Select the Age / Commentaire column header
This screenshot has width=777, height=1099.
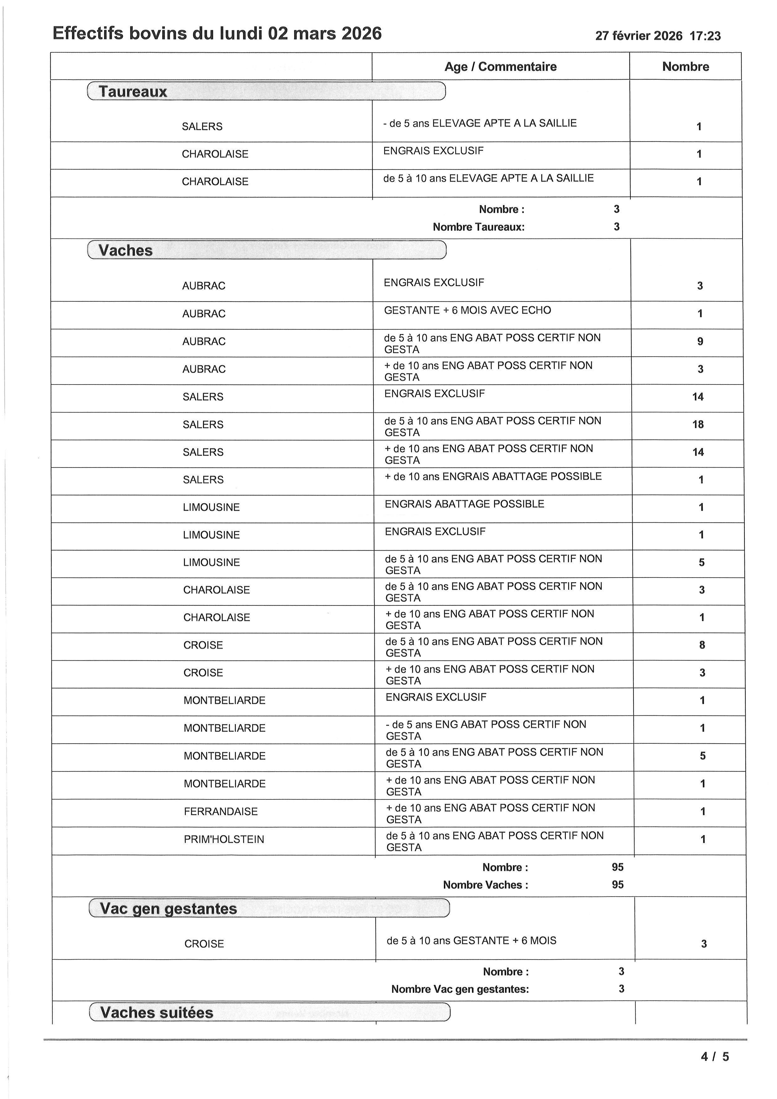point(500,66)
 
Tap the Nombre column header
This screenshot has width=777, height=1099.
point(685,66)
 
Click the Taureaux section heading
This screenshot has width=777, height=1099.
point(133,92)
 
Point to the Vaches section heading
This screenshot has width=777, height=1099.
point(125,250)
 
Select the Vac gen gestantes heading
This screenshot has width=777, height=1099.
point(169,908)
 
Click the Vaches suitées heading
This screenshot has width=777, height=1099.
point(156,1013)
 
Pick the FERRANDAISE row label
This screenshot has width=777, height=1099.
point(221,811)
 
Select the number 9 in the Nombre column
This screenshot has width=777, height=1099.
point(700,341)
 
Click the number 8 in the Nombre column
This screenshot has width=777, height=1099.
point(702,645)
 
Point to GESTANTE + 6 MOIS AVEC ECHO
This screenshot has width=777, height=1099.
point(467,310)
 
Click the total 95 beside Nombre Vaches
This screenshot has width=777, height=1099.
point(617,885)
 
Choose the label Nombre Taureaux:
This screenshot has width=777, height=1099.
point(478,227)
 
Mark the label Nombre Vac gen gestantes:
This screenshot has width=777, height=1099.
point(460,989)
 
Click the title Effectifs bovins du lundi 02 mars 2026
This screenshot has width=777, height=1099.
point(217,34)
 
